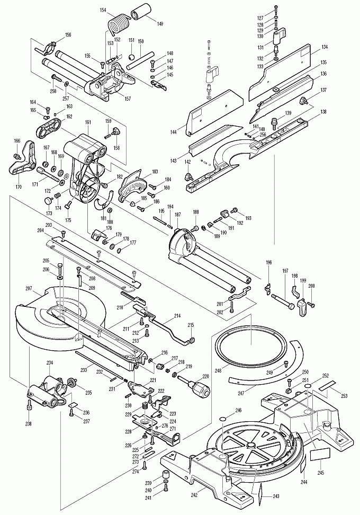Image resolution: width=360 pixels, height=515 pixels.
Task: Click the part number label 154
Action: [x=102, y=10]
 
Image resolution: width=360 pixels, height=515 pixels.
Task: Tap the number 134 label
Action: [x=324, y=47]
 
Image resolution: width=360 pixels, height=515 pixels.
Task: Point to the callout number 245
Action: [x=321, y=473]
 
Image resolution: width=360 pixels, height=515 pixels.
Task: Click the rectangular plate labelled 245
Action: [x=319, y=454]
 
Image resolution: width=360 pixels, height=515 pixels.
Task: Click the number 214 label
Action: [x=177, y=315]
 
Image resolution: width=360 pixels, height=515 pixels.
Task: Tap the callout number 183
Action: [x=155, y=172]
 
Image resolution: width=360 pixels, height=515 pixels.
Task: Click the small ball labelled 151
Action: [x=131, y=54]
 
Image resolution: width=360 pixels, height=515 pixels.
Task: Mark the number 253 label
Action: [x=345, y=396]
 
